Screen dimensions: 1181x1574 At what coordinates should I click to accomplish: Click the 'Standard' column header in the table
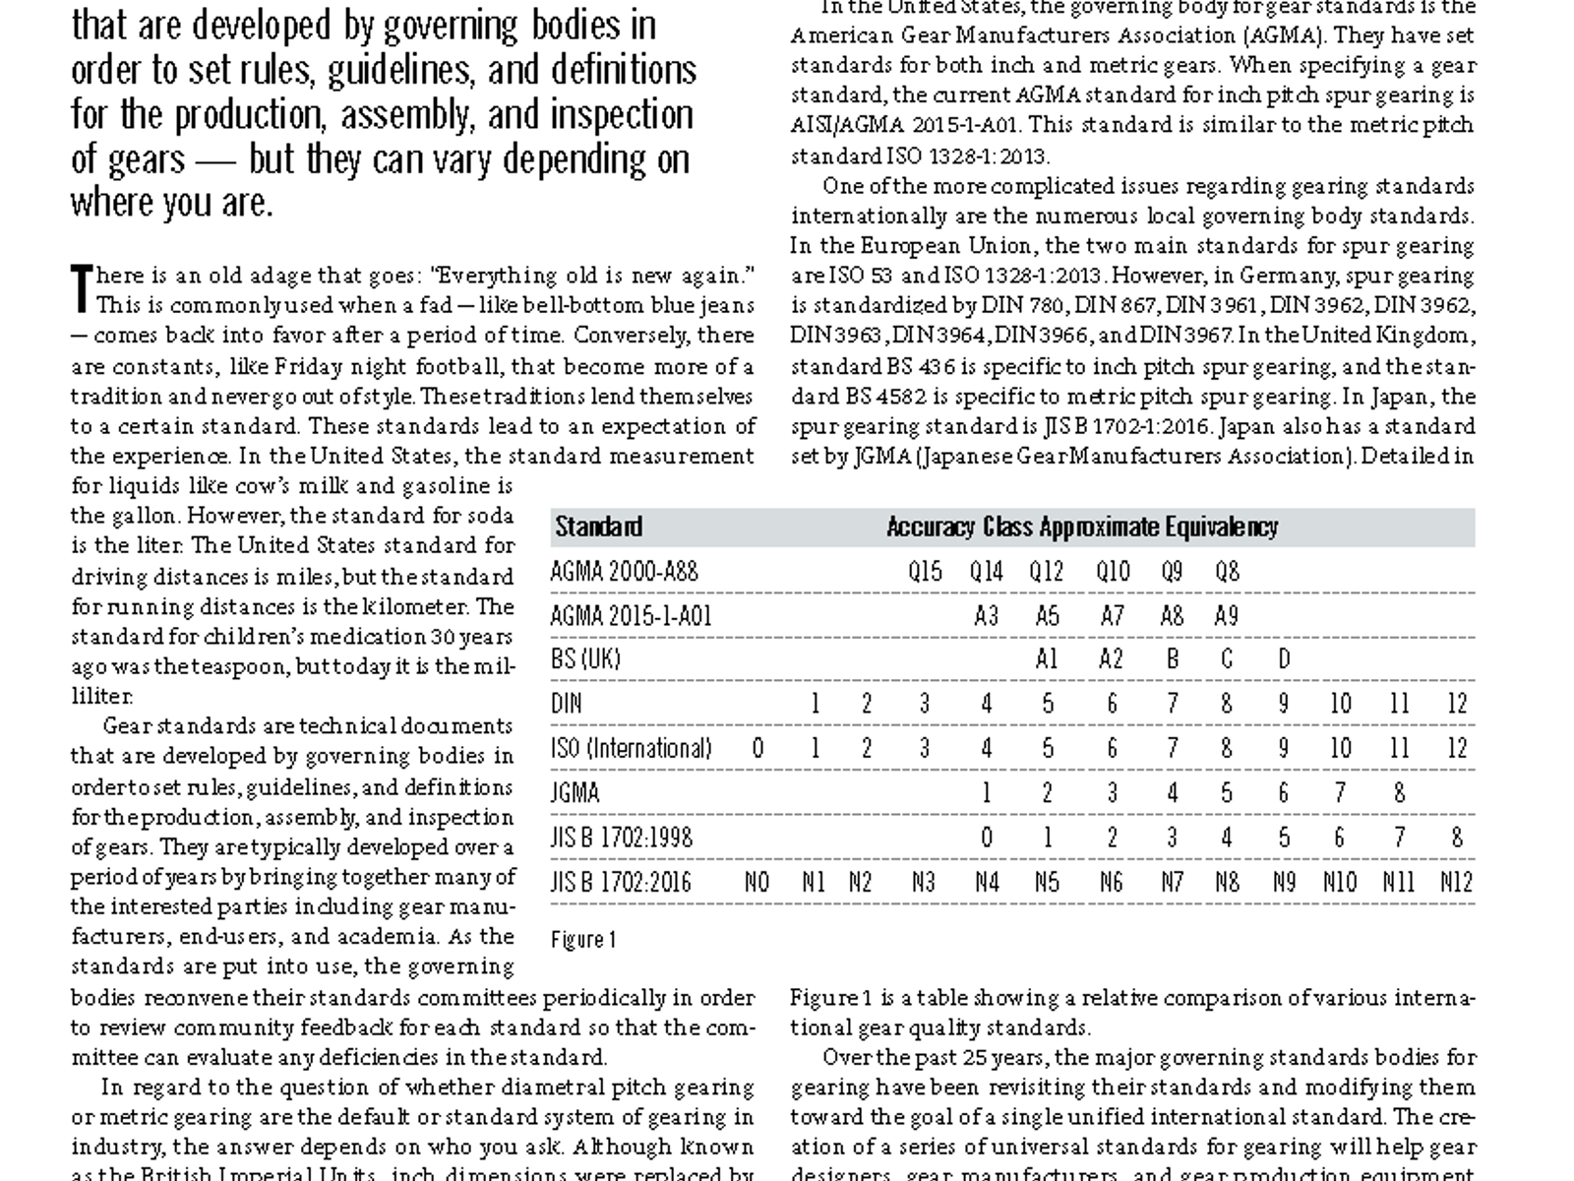(598, 527)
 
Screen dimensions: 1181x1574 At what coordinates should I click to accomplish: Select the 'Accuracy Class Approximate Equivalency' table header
(1082, 527)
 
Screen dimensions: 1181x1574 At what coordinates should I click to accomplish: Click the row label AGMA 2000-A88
(624, 571)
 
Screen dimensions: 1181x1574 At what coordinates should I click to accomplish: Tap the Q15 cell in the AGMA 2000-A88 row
(925, 571)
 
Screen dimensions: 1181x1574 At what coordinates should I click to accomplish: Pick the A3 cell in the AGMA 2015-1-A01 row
(986, 616)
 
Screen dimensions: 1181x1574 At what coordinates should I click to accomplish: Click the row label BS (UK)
(585, 658)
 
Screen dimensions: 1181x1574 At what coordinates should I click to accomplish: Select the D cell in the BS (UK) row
(1284, 658)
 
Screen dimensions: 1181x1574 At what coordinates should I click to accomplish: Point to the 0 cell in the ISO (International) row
(757, 748)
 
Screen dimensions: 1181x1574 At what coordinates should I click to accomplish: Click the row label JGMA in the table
(575, 792)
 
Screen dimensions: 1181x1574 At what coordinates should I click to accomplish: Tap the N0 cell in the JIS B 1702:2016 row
(757, 882)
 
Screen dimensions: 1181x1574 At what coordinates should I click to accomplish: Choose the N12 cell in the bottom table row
(1456, 882)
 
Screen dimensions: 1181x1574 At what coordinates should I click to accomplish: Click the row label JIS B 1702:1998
(622, 838)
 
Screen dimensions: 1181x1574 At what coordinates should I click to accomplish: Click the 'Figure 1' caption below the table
(583, 939)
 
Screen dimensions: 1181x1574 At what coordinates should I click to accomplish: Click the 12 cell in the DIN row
(1457, 704)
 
